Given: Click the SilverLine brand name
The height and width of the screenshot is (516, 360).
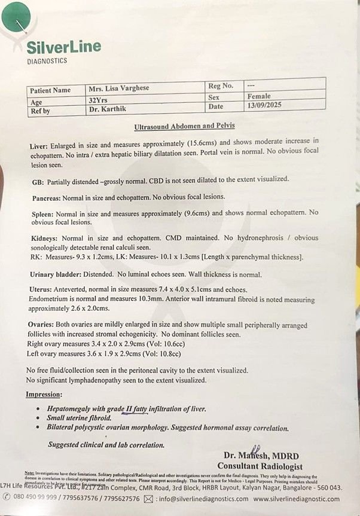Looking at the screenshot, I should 63,47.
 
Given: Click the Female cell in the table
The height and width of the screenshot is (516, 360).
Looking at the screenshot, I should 258,96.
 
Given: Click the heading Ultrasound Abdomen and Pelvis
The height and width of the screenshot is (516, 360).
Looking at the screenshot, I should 184,126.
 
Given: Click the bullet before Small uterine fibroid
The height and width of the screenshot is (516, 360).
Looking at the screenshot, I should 40,419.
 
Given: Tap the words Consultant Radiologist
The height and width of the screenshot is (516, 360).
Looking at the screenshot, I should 260,466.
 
